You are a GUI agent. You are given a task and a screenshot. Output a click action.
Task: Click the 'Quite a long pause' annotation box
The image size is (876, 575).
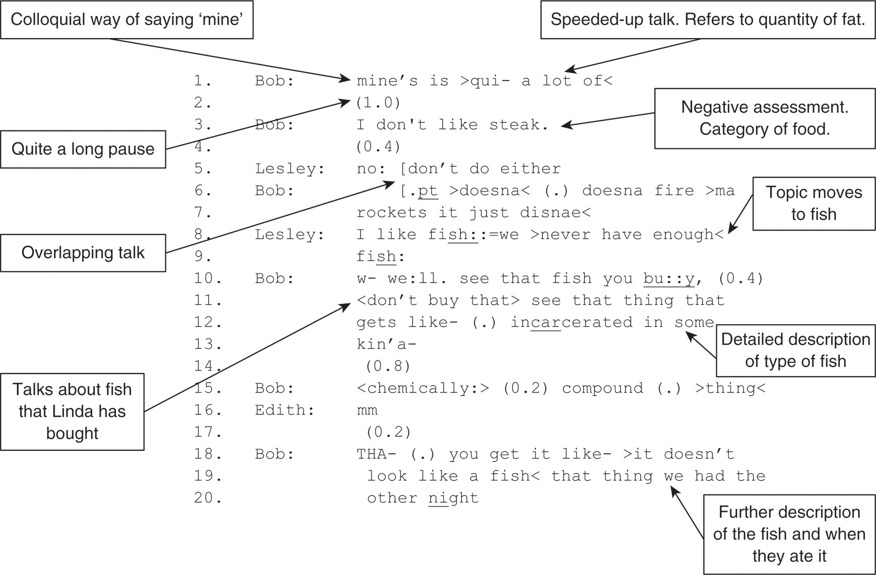[83, 149]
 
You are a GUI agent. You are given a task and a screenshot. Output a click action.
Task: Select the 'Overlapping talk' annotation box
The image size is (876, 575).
[83, 253]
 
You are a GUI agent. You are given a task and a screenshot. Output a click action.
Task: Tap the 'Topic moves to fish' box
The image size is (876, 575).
[814, 204]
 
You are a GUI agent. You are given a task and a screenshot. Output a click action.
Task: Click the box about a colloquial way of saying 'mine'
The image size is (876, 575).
[127, 20]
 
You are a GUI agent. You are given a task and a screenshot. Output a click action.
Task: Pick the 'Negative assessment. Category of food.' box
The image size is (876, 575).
[765, 118]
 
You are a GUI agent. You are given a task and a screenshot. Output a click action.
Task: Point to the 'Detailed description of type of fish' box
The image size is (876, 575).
[795, 350]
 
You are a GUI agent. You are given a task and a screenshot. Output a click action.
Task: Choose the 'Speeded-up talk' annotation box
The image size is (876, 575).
[707, 20]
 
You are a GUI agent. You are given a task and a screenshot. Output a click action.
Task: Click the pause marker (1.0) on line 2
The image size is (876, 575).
[378, 103]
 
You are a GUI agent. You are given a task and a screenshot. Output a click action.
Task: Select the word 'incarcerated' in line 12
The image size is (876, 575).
[571, 323]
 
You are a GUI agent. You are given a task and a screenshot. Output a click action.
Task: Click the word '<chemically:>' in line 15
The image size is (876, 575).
[423, 388]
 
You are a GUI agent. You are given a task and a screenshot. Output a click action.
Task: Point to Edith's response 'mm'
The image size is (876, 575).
[367, 411]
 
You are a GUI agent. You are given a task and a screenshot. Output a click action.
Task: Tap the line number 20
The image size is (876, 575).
[208, 498]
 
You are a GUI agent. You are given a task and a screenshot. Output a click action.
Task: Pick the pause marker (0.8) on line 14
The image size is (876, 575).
[388, 366]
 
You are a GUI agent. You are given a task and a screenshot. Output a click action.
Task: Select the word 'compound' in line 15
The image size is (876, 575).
[602, 388]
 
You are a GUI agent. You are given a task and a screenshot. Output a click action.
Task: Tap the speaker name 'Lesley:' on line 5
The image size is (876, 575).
[290, 169]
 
